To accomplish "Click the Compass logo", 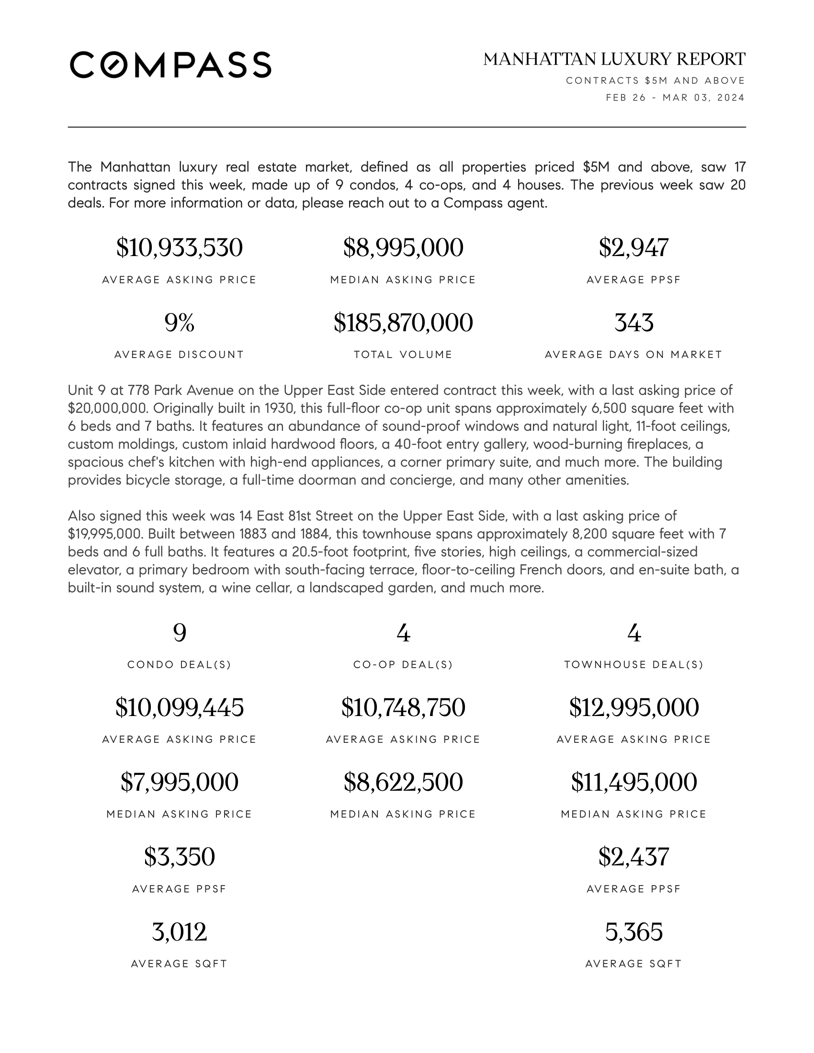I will pyautogui.click(x=170, y=65).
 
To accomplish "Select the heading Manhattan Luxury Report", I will pyautogui.click(x=614, y=59).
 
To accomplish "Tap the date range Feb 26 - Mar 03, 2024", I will pyautogui.click(x=675, y=98).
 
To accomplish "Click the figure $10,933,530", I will pyautogui.click(x=180, y=248).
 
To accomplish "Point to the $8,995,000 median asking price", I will pyautogui.click(x=403, y=248).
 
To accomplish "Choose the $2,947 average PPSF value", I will pyautogui.click(x=633, y=248).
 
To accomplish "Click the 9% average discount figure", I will pyautogui.click(x=180, y=323).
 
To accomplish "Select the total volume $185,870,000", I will pyautogui.click(x=403, y=323).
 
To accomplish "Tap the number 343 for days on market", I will pyautogui.click(x=633, y=323).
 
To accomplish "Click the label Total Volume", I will pyautogui.click(x=403, y=355).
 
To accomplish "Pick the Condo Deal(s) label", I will pyautogui.click(x=180, y=665).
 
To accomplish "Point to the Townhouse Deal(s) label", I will pyautogui.click(x=633, y=665).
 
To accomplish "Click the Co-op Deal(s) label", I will pyautogui.click(x=403, y=665).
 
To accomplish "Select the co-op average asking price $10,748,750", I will pyautogui.click(x=403, y=708).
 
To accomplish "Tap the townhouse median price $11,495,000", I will pyautogui.click(x=633, y=783).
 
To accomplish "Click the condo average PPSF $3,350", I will pyautogui.click(x=180, y=857).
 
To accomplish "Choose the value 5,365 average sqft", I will pyautogui.click(x=633, y=932).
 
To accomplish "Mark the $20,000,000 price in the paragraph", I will pyautogui.click(x=108, y=408).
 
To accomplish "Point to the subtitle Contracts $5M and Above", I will pyautogui.click(x=656, y=80).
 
